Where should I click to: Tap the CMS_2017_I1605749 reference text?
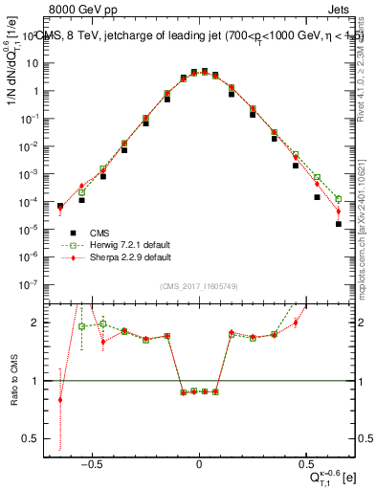[x=199, y=287]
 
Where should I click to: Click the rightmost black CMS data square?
[x=339, y=224]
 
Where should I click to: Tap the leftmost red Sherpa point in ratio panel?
[x=60, y=400]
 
